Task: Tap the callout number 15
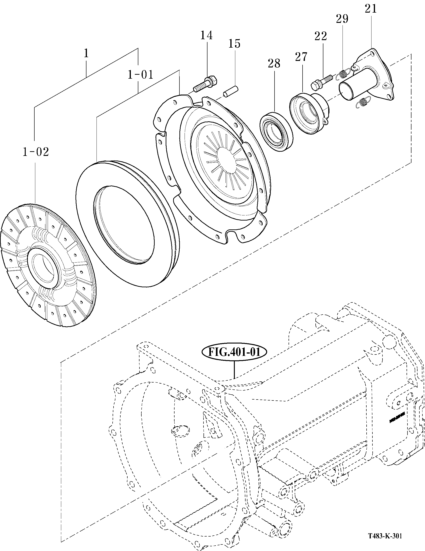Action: point(234,44)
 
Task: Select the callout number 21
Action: point(371,9)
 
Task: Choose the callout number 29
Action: point(342,19)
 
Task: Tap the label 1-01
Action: point(140,75)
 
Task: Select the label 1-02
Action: point(35,152)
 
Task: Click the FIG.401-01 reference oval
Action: point(234,352)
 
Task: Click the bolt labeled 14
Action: point(206,85)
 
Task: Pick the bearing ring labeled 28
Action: point(276,132)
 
